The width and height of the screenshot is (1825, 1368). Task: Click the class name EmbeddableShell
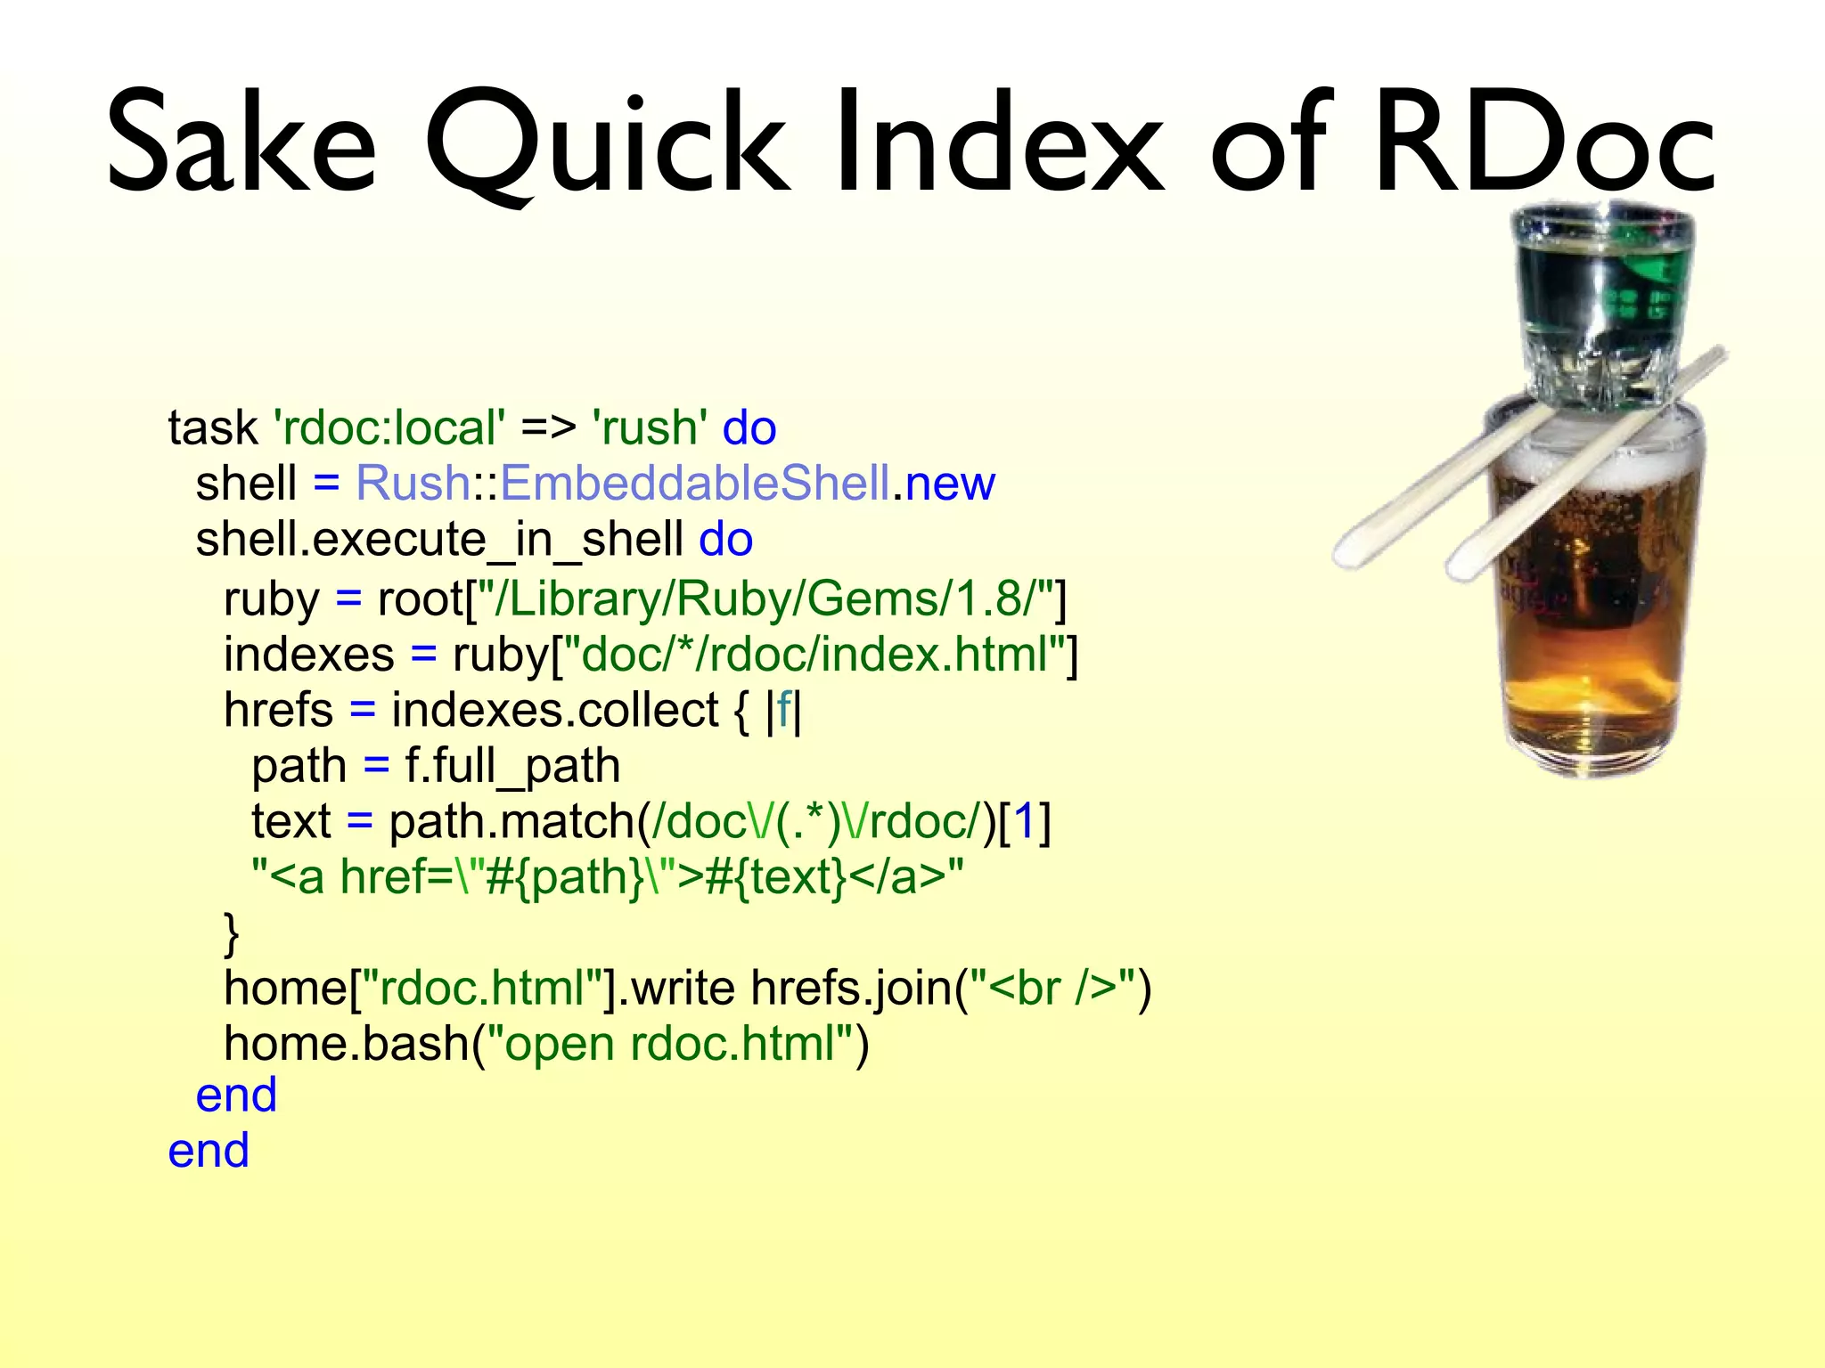click(695, 484)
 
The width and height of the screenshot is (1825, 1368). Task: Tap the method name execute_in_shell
click(499, 540)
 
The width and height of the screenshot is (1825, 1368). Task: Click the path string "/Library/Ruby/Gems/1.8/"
click(766, 598)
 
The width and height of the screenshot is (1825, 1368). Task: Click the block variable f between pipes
click(783, 711)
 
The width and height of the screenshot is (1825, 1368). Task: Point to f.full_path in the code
click(512, 766)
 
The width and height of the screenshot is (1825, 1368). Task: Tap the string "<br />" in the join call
click(1052, 989)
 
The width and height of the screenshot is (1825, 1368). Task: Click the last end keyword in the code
click(209, 1151)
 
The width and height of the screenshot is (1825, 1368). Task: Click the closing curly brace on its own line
click(232, 932)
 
